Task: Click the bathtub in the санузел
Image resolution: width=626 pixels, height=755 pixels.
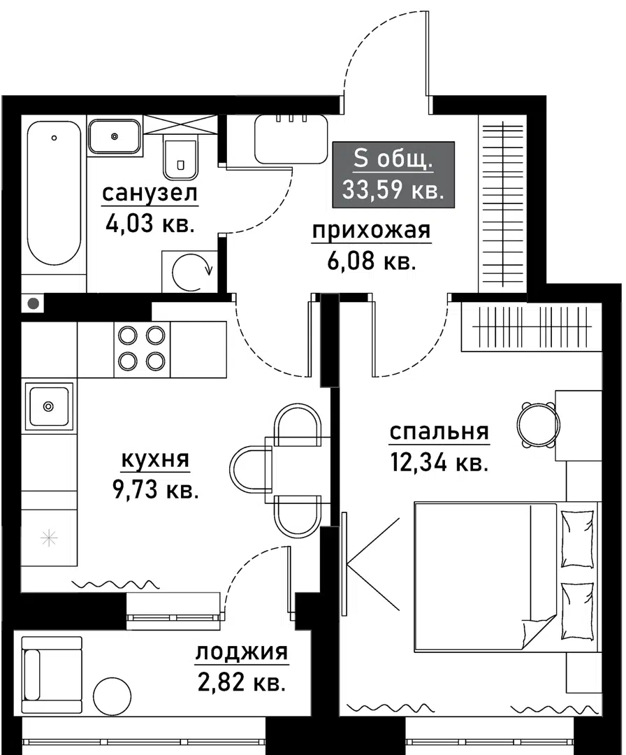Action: pyautogui.click(x=54, y=192)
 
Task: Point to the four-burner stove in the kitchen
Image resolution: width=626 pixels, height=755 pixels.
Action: pyautogui.click(x=142, y=348)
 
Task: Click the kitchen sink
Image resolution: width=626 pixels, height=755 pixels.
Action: pyautogui.click(x=48, y=405)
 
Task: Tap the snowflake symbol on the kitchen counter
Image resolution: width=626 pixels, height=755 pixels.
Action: pyautogui.click(x=48, y=538)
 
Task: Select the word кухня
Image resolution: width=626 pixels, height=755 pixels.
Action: pyautogui.click(x=156, y=460)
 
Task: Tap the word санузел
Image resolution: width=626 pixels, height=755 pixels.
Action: pyautogui.click(x=150, y=193)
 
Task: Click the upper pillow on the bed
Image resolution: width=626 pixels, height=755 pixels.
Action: pyautogui.click(x=577, y=537)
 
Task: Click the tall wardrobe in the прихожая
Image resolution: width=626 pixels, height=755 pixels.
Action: pyautogui.click(x=502, y=206)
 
